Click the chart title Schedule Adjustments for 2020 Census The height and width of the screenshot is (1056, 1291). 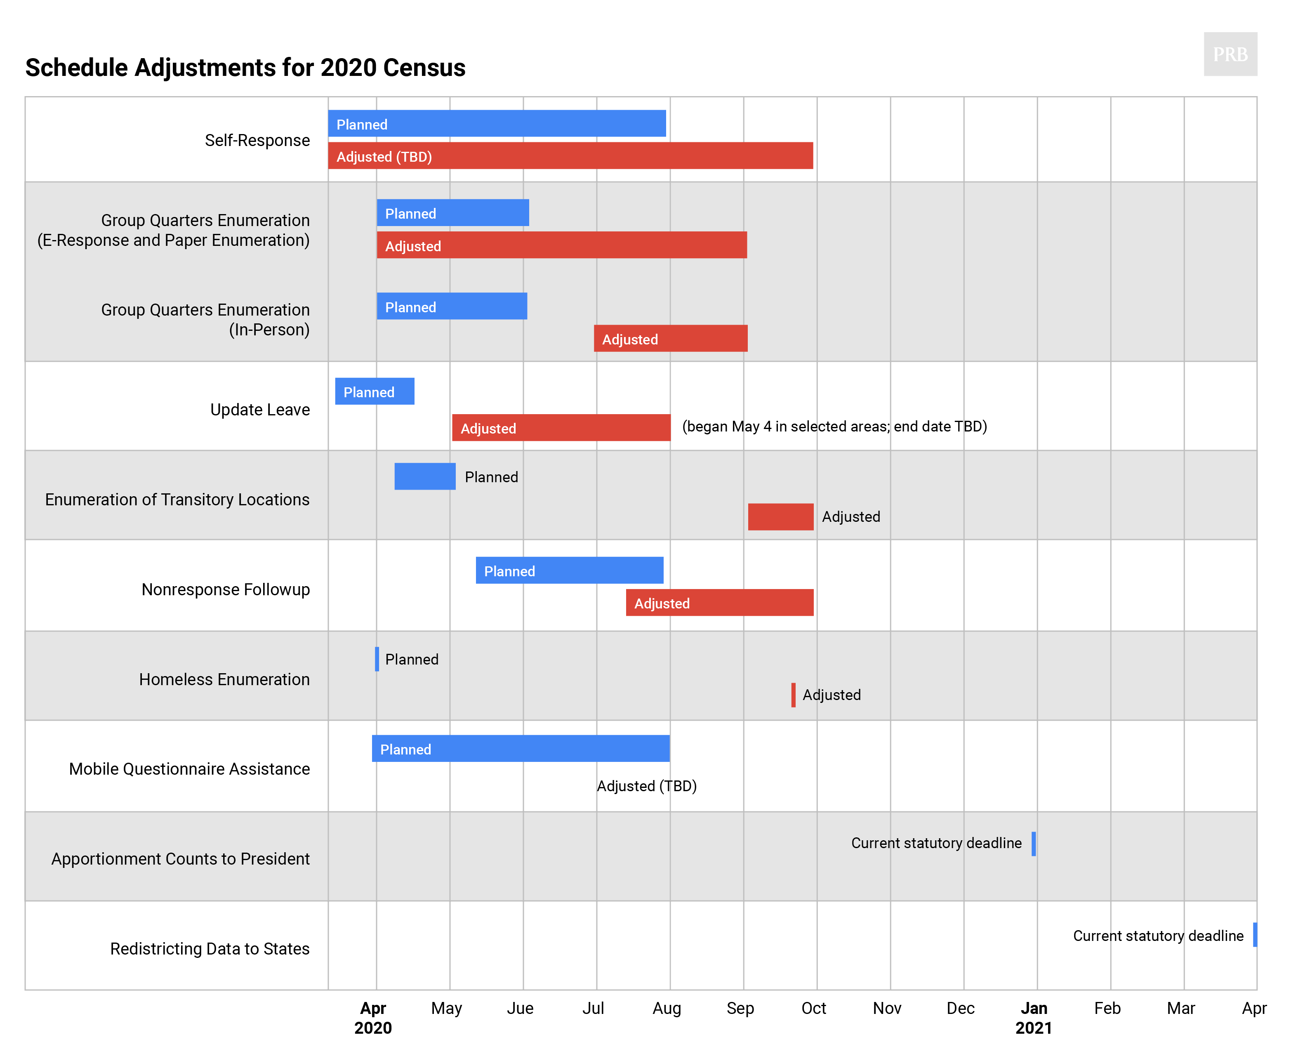[x=245, y=68]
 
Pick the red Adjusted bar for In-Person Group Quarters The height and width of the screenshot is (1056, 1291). [x=670, y=338]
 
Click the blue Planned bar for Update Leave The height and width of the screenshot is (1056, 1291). [x=375, y=391]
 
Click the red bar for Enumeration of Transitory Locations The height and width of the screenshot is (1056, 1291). [x=780, y=516]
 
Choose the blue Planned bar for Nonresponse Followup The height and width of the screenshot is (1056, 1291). [x=569, y=570]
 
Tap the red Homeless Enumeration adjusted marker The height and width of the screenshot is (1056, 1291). [x=793, y=695]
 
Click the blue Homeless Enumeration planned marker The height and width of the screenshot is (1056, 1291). [x=377, y=659]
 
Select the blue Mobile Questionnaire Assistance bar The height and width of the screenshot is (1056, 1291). [x=521, y=748]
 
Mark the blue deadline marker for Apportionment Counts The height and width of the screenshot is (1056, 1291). [x=1033, y=844]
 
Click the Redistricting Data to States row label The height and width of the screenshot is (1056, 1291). [x=210, y=948]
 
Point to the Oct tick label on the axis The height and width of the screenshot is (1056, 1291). [x=814, y=1008]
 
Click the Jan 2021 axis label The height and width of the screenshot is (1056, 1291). [x=1033, y=1017]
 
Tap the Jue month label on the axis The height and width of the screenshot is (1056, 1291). [x=520, y=1008]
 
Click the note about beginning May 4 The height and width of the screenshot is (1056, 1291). [x=834, y=427]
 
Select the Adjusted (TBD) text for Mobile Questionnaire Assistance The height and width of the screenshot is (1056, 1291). [x=646, y=786]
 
